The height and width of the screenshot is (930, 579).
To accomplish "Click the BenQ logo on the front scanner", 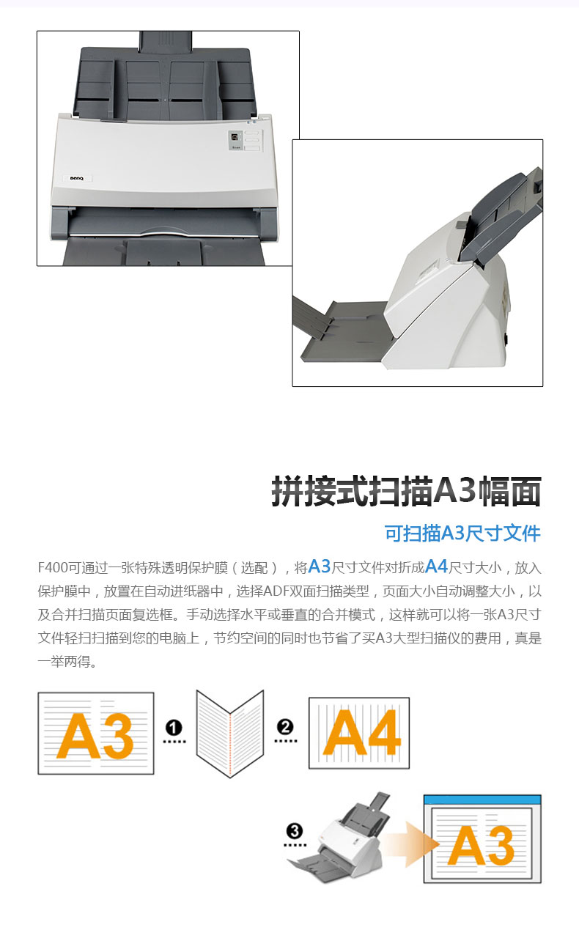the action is click(x=76, y=178).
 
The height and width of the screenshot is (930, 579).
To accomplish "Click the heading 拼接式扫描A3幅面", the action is click(x=406, y=491).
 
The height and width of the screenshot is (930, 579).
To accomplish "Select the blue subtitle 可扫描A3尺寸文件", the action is click(x=462, y=534).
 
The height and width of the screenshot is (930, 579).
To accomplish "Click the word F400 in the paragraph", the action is click(x=53, y=567).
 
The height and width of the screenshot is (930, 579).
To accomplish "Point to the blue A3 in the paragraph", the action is click(x=320, y=567).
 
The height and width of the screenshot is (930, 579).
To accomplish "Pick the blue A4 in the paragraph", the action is click(x=436, y=567).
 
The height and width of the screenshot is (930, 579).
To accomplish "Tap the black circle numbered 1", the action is click(x=174, y=728).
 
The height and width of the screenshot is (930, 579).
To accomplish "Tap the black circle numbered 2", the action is click(x=285, y=727).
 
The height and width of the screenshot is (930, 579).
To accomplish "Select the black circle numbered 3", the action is click(x=295, y=831).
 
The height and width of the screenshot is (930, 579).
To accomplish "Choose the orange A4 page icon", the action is click(x=359, y=733).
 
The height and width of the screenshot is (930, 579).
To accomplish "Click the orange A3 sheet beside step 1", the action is click(x=96, y=733).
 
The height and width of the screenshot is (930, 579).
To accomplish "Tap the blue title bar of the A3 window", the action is click(x=482, y=800).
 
